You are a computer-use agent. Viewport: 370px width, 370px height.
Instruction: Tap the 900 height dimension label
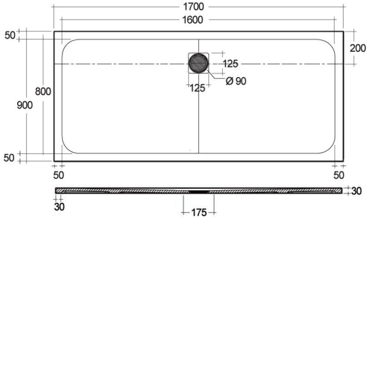coord(25,105)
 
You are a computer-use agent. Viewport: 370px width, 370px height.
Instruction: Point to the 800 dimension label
coord(43,91)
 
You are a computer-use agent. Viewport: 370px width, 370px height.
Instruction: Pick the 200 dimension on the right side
coord(358,48)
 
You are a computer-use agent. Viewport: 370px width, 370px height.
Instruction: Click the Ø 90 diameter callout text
coord(236,81)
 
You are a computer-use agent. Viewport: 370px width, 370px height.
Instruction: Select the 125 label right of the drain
coord(230,63)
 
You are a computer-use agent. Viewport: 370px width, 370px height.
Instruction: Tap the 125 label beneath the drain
coord(197,88)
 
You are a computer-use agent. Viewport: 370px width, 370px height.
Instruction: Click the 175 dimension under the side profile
coord(199,212)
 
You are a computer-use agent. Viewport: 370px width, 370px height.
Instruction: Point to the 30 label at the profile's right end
coord(356,191)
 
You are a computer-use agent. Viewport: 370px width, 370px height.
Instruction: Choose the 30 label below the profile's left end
coord(59,206)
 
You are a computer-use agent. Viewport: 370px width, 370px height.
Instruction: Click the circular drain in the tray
coord(199,63)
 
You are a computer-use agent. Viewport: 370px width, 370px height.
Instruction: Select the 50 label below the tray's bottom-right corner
coord(339,174)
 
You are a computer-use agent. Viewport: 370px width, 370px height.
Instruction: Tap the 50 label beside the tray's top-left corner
coord(10,35)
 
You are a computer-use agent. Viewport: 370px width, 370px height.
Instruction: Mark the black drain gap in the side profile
coord(199,190)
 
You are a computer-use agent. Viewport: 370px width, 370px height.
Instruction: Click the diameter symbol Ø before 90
coord(229,81)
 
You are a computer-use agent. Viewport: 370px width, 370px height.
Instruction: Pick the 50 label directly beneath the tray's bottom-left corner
coord(58,174)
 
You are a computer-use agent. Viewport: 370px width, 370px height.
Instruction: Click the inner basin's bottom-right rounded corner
coord(329,147)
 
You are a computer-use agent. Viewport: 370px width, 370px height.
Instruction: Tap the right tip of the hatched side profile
coord(342,190)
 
